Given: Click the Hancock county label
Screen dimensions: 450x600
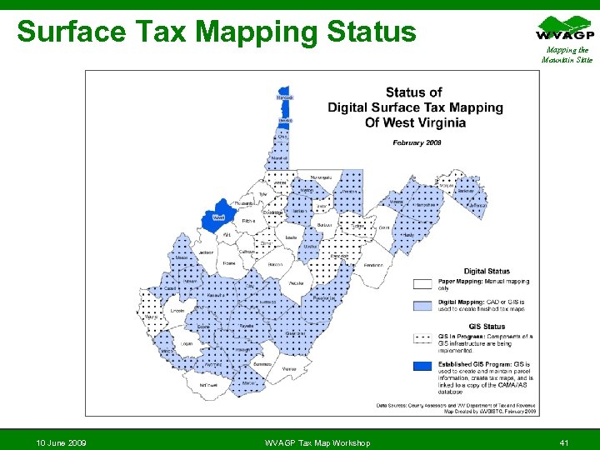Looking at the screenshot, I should tap(285, 98).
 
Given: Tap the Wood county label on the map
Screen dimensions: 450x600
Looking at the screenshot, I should tap(219, 217).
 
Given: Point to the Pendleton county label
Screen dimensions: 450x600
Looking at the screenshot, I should tap(373, 265).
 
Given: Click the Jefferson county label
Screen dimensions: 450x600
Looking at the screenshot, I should tap(477, 206).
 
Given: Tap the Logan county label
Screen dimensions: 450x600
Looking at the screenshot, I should tap(187, 342).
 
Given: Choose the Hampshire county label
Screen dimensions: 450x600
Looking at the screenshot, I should tap(427, 202).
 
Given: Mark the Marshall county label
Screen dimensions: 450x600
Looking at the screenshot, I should tap(279, 157).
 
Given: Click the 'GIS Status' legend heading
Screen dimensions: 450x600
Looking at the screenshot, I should tap(487, 327).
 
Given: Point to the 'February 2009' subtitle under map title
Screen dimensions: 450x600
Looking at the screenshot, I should tap(417, 142).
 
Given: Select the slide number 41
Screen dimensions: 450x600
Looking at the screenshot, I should tap(564, 442).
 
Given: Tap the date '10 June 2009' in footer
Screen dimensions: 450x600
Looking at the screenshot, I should tap(62, 442).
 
